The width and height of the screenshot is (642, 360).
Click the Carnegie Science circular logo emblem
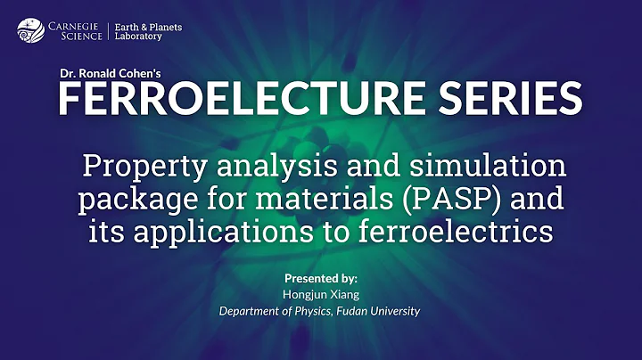29,31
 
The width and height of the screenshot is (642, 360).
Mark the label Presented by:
321,277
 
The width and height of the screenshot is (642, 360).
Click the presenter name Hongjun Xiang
321,294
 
